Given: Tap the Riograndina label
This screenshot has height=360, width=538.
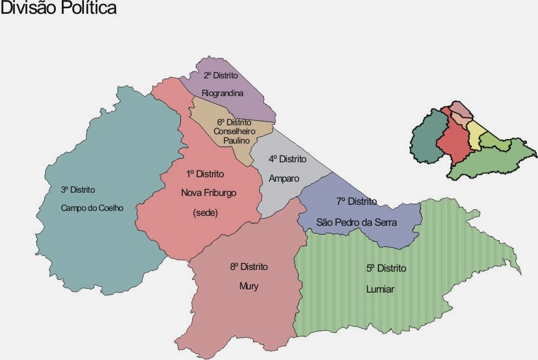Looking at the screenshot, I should click(x=222, y=93).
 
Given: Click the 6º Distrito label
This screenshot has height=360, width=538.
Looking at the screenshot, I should click(x=234, y=122).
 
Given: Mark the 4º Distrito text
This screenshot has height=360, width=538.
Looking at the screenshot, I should click(x=287, y=159).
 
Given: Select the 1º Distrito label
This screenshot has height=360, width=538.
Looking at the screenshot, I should click(x=205, y=174).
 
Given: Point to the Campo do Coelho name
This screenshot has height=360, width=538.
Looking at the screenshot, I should click(x=92, y=208).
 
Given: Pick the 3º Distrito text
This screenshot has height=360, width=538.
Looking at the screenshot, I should click(x=78, y=189).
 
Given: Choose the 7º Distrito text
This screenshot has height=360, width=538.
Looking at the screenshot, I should click(x=356, y=202).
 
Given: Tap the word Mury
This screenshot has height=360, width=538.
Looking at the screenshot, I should click(x=249, y=286).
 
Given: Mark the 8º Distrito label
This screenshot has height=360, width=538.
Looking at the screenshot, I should click(x=249, y=267).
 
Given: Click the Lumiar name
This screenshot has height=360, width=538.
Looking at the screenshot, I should click(x=380, y=289).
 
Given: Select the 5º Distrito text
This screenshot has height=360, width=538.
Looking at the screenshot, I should click(x=386, y=268).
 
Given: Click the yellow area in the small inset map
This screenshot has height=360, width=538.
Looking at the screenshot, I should click(x=474, y=135).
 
